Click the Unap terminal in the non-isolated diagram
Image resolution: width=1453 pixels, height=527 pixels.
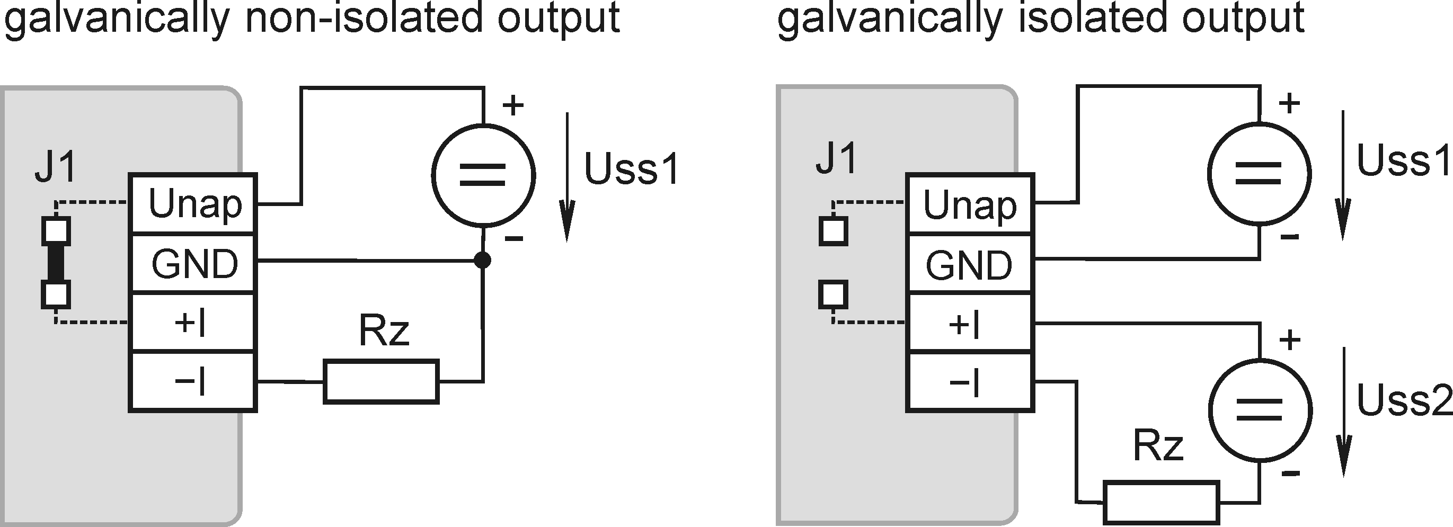[x=193, y=204]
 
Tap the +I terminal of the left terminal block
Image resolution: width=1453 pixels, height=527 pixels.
[x=193, y=323]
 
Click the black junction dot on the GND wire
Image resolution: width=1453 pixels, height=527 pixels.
[x=482, y=261]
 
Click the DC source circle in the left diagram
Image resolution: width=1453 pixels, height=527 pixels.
[x=483, y=175]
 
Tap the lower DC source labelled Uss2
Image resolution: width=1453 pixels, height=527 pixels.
[x=1261, y=411]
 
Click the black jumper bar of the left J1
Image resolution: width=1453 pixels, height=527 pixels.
[x=56, y=263]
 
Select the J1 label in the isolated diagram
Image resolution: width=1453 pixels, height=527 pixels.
[x=837, y=158]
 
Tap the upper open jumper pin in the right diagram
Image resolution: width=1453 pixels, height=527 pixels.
[x=833, y=231]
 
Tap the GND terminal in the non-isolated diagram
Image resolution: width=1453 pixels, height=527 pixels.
[x=193, y=264]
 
